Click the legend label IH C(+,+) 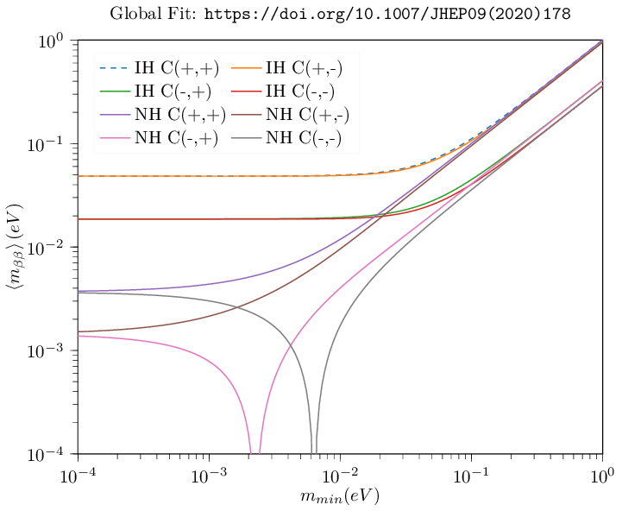176,67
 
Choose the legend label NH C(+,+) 179,114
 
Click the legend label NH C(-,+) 175,137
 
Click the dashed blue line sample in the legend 115,67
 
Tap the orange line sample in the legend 246,67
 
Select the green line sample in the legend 115,91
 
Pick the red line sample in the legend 246,91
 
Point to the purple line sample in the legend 115,114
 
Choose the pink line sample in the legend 115,137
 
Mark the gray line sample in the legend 246,137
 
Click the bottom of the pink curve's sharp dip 254,451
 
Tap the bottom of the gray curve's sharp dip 314,451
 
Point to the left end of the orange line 79,176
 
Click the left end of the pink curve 79,336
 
